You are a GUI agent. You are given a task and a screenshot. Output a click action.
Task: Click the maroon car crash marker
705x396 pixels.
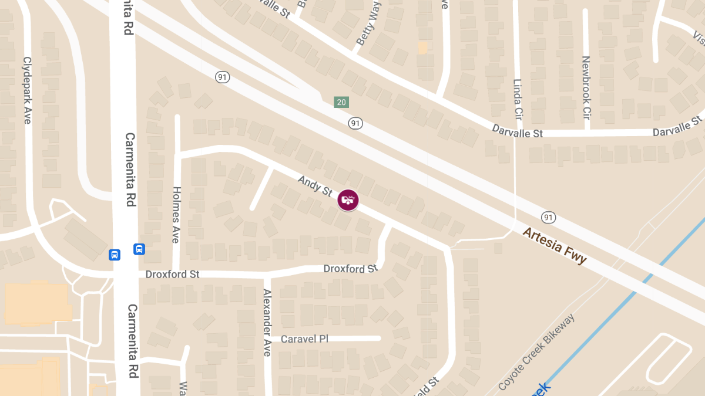pos(348,200)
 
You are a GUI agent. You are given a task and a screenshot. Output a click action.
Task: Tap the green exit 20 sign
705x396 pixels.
pos(341,102)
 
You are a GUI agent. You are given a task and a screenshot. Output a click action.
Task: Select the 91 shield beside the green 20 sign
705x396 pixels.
pos(355,123)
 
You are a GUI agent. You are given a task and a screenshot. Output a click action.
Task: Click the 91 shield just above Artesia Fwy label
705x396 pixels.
pos(549,218)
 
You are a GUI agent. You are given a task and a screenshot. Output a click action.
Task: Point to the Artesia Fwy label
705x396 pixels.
pos(555,246)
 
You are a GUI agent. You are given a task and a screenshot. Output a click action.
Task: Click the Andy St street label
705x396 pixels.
pos(315,187)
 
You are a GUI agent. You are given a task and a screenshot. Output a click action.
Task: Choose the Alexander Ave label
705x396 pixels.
pos(267,323)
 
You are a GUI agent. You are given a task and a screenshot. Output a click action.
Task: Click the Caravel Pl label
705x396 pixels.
pos(304,339)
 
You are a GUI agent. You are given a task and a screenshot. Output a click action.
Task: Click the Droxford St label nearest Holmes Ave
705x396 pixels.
pos(173,274)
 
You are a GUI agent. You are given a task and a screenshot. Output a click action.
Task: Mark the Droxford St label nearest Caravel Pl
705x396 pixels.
pos(350,269)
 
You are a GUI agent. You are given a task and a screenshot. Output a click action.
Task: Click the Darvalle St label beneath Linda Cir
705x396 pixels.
pos(517,133)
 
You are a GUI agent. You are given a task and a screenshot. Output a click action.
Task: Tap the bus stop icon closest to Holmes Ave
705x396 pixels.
pos(139,249)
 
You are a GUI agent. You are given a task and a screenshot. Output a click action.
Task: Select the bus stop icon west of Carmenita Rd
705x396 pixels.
pos(115,255)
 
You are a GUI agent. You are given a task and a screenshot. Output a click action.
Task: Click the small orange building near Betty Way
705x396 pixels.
pos(422,48)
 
